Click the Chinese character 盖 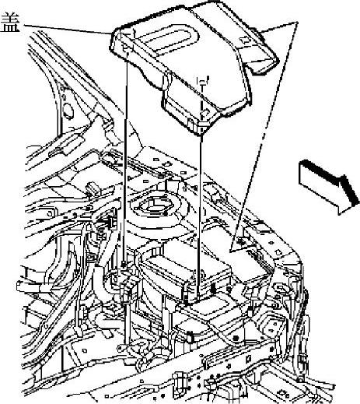pos(10,23)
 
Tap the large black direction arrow pos(329,186)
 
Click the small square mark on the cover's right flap pos(244,40)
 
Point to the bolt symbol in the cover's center pos(202,80)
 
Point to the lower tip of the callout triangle pos(231,251)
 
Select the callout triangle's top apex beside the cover pos(297,23)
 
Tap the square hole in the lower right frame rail pos(248,358)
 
